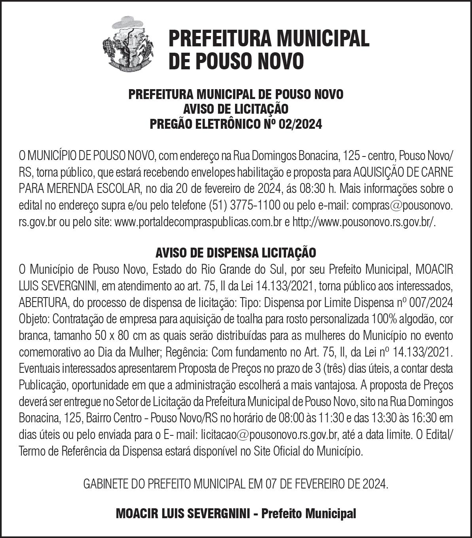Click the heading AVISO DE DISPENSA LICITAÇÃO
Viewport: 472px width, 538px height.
click(x=236, y=252)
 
